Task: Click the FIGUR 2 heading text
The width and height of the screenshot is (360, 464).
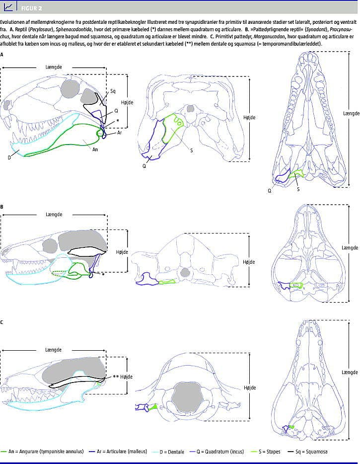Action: coord(31,8)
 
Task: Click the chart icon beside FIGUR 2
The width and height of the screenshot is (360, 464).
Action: coord(8,7)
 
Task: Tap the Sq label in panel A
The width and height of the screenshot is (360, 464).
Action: coord(113,91)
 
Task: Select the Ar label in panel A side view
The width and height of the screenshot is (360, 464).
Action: coord(120,133)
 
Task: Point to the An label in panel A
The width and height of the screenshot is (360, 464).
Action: coord(95,150)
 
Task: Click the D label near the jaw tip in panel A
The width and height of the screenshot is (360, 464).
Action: coord(9,157)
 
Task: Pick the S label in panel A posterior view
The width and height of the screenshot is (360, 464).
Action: coord(191,151)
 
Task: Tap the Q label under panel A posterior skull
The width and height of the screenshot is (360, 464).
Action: coord(144,166)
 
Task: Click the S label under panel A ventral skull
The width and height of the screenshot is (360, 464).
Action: coord(298,189)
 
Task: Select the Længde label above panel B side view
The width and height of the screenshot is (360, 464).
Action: coord(54,214)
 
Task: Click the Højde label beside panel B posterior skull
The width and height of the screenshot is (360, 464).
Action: coord(249,262)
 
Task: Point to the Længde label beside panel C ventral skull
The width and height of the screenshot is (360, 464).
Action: coord(350,372)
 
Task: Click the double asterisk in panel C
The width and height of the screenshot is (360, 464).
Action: coord(116,377)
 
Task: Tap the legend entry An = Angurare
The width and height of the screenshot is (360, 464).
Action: coord(42,452)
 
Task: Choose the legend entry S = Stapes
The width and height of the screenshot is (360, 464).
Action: coord(265,452)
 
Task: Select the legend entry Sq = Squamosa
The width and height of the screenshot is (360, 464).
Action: coord(308,452)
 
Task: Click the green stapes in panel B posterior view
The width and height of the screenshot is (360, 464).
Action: coord(167,282)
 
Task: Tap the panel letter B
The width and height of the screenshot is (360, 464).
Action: coord(2,207)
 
